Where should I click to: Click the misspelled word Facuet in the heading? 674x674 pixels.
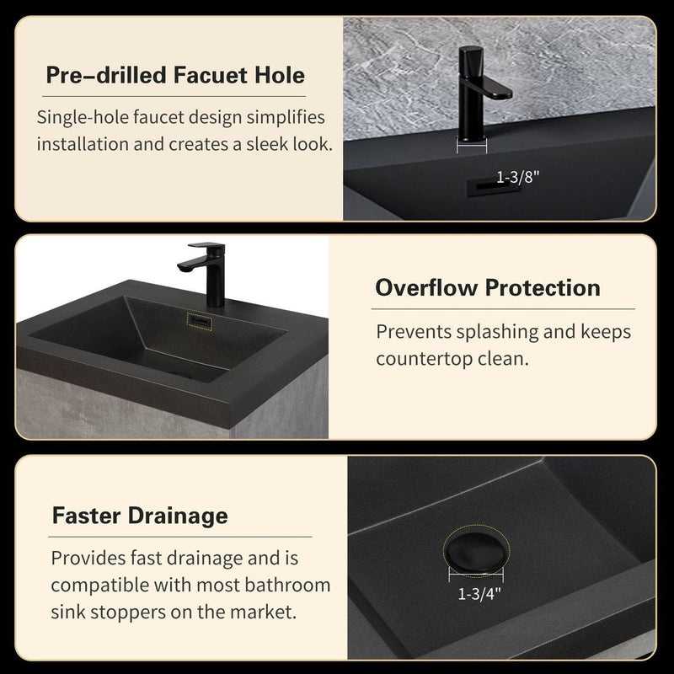(x=208, y=77)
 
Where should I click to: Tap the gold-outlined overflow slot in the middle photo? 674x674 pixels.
(x=201, y=320)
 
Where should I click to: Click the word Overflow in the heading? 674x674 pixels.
(x=427, y=288)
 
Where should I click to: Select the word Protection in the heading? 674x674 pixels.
(x=544, y=288)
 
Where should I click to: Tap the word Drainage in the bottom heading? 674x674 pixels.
(x=183, y=515)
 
